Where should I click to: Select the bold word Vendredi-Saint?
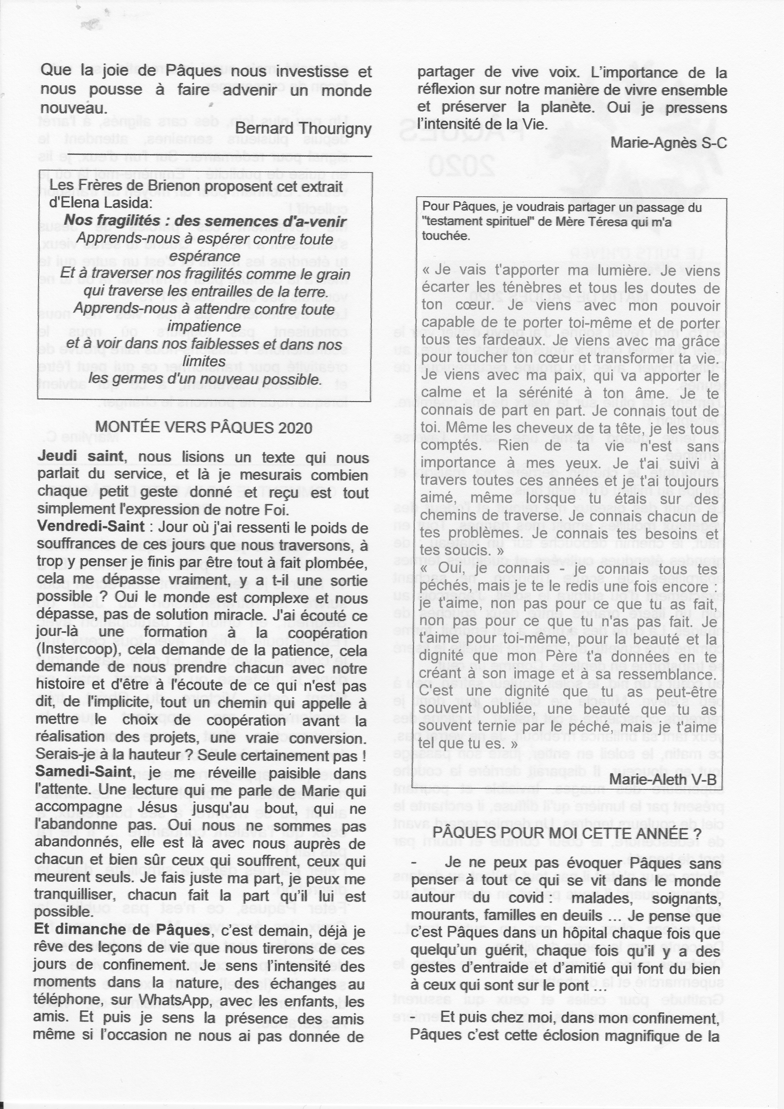tap(90, 526)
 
